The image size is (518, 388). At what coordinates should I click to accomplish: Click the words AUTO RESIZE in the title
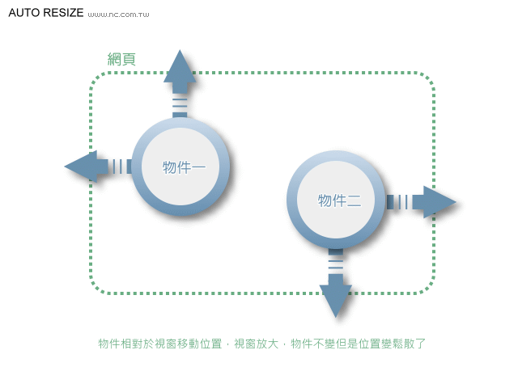point(45,14)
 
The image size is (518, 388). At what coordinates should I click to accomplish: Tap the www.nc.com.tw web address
point(118,15)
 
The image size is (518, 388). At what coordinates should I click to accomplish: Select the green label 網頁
point(121,59)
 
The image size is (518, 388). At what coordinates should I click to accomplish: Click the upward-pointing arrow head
point(180,66)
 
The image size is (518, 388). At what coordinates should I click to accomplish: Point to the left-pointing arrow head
point(80,167)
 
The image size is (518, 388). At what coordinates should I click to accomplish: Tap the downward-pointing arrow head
point(335,299)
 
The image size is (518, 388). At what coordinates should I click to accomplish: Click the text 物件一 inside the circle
point(184,167)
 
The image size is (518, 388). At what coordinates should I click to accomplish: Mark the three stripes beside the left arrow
point(119,167)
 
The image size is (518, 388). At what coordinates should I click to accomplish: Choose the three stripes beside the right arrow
point(397,202)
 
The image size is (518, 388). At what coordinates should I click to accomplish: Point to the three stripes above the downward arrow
point(335,260)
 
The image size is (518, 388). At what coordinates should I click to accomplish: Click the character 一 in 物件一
point(198,167)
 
